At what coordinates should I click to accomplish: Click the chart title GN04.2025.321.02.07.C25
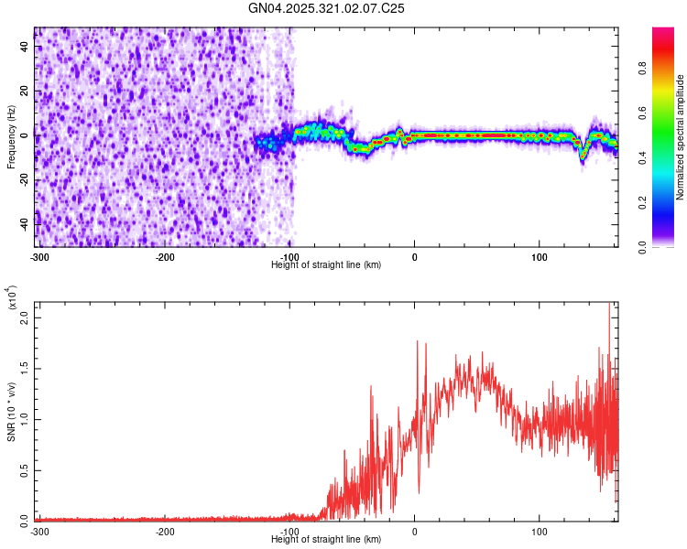(x=327, y=8)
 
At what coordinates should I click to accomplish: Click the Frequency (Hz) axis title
(x=11, y=137)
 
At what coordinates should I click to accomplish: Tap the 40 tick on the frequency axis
(x=26, y=48)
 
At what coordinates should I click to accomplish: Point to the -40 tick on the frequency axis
(x=26, y=224)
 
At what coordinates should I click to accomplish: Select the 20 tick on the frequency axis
(x=26, y=91)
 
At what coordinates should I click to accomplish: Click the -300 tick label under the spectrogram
(x=39, y=257)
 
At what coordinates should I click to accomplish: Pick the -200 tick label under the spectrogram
(x=165, y=257)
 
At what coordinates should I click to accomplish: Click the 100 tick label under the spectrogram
(x=540, y=257)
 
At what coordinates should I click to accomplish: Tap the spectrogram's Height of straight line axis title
(x=327, y=264)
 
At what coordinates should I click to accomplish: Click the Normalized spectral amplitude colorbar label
(x=680, y=137)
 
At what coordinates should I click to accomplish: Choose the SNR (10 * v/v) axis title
(x=11, y=412)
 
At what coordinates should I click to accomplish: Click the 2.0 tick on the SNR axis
(x=26, y=317)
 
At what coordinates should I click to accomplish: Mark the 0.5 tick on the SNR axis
(x=26, y=469)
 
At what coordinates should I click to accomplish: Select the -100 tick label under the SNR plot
(x=289, y=531)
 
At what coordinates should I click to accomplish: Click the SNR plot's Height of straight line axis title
(x=327, y=539)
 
